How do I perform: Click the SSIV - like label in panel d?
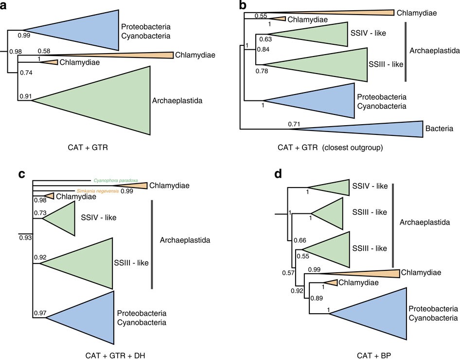coord(369,186)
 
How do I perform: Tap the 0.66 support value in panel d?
coord(300,240)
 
